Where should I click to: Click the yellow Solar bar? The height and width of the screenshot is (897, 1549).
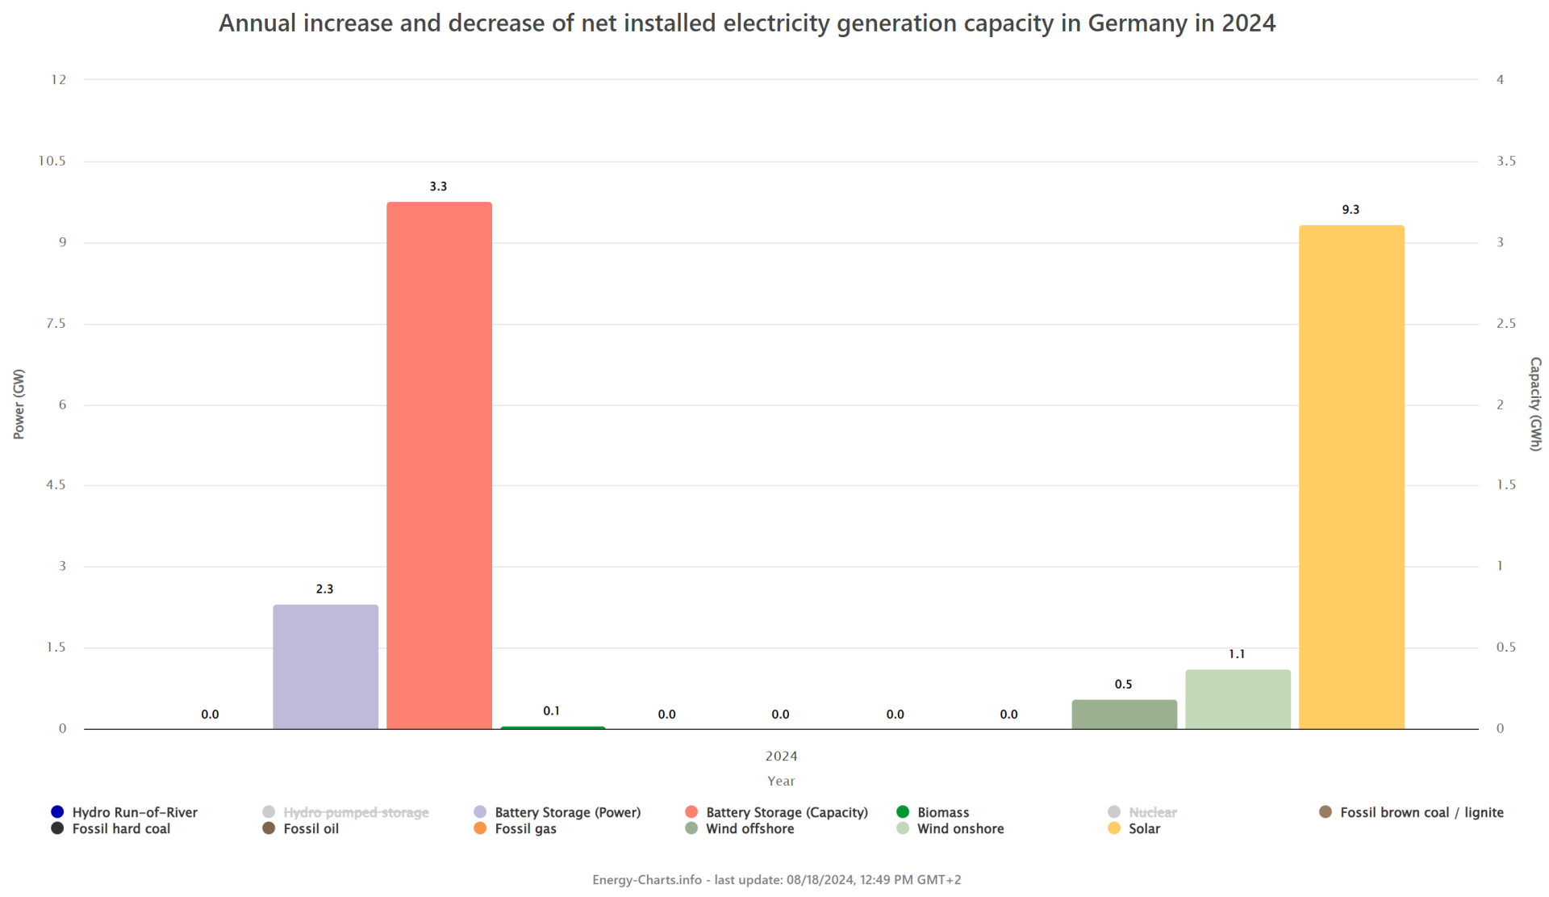[x=1351, y=476]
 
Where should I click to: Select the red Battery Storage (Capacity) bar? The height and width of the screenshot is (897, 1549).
[x=439, y=465]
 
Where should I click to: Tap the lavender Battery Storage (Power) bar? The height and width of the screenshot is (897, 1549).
[x=325, y=667]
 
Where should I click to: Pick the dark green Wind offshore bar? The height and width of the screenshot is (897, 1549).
[x=1124, y=715]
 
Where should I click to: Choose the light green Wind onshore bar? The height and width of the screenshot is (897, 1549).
[x=1238, y=699]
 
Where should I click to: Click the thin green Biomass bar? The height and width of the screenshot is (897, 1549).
[x=553, y=727]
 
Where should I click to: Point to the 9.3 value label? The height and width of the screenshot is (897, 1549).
[x=1351, y=210]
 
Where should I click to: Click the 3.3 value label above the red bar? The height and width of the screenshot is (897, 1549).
[x=438, y=187]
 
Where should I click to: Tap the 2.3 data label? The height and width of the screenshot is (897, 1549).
[x=324, y=589]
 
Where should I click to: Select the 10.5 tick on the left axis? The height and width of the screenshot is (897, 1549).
[x=52, y=161]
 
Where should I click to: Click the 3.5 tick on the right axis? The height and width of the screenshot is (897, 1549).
[x=1505, y=161]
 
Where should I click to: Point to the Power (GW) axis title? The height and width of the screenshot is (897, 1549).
[x=19, y=404]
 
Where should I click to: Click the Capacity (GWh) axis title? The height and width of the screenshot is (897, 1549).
[x=1535, y=404]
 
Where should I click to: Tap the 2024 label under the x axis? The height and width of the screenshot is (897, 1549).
[x=781, y=757]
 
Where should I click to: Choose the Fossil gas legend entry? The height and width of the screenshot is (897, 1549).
[x=525, y=829]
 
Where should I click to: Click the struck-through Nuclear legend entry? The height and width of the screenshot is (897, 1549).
[x=1152, y=812]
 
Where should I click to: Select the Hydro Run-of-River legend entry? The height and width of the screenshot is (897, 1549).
[x=134, y=812]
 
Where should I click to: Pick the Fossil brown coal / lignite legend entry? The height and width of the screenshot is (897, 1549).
[x=1421, y=812]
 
